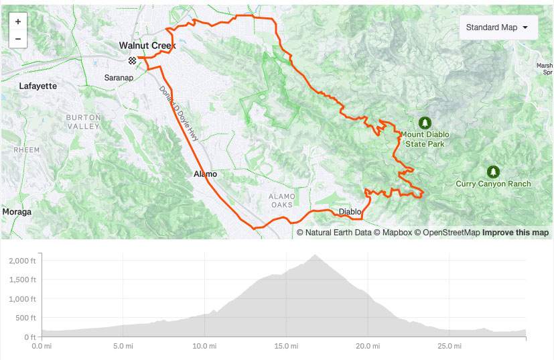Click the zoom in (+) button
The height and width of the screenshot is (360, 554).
point(17,21)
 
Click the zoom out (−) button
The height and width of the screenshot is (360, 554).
point(17,39)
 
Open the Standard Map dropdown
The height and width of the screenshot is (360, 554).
point(498,27)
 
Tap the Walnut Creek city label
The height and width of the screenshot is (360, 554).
point(147,46)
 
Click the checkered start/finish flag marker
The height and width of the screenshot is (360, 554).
point(133,60)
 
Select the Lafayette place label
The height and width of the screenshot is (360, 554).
point(38,86)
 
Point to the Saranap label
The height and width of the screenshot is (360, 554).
point(120,78)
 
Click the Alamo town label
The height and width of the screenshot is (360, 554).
point(205,174)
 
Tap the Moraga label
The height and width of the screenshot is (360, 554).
point(17,212)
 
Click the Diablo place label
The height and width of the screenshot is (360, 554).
point(350,212)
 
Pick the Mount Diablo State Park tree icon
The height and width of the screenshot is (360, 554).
point(424,123)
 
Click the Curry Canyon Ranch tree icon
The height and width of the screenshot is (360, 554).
point(494,172)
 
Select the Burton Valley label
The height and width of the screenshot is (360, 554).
point(83,122)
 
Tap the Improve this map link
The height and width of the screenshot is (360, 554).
point(515,233)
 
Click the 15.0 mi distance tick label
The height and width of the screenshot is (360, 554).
point(286,347)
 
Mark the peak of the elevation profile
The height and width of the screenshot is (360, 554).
point(314,255)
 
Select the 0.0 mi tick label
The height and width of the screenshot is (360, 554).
point(42,347)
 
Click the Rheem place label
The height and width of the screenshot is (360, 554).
point(26,149)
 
